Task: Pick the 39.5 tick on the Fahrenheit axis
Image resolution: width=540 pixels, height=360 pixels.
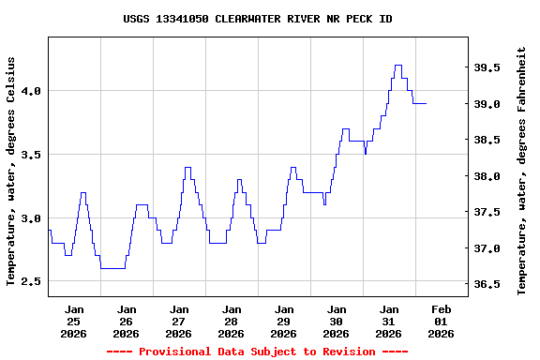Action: pyautogui.click(x=486, y=68)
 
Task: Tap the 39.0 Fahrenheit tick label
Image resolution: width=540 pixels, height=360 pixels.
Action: pyautogui.click(x=486, y=104)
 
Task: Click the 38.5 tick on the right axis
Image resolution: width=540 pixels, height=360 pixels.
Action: pyautogui.click(x=486, y=141)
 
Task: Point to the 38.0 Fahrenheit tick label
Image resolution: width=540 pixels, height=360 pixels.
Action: pyautogui.click(x=486, y=176)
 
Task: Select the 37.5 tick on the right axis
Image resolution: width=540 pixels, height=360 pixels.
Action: pyautogui.click(x=486, y=213)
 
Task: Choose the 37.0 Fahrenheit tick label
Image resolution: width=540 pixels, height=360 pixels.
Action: pyautogui.click(x=486, y=248)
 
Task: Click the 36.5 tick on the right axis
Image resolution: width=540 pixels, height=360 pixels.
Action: pyautogui.click(x=486, y=284)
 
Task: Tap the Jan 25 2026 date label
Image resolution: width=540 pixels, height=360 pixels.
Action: pyautogui.click(x=73, y=321)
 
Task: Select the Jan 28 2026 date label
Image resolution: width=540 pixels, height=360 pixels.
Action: pyautogui.click(x=231, y=321)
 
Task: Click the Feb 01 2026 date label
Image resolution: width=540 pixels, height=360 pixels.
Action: pyautogui.click(x=441, y=321)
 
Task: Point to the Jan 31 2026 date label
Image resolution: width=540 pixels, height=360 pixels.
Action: pyautogui.click(x=388, y=321)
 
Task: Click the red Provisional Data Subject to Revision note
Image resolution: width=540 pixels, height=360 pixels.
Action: pyautogui.click(x=257, y=352)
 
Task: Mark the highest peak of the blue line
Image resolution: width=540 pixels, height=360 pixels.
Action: pyautogui.click(x=398, y=66)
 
